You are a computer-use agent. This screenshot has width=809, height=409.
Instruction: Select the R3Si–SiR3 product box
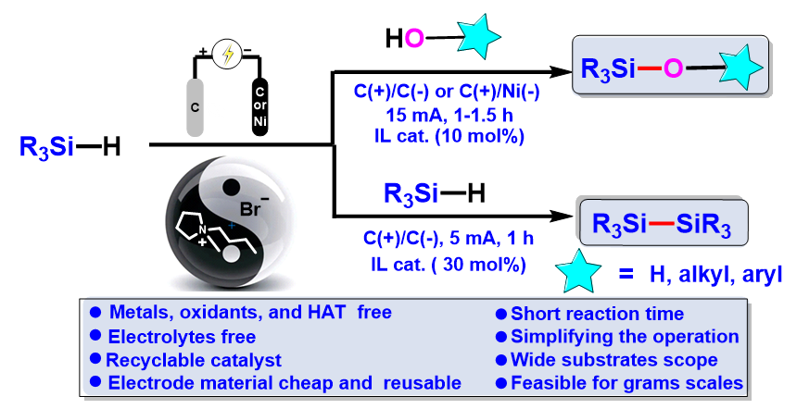pyautogui.click(x=660, y=223)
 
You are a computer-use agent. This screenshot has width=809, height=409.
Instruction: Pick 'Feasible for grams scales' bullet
pyautogui.click(x=621, y=382)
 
